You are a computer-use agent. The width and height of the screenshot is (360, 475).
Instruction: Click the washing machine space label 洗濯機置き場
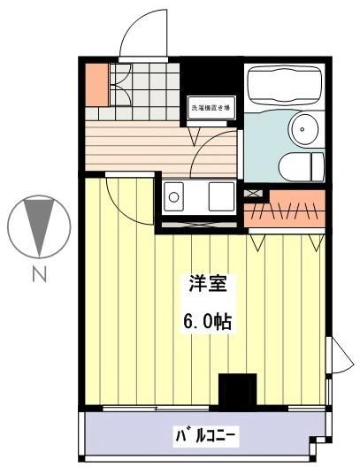point(211,109)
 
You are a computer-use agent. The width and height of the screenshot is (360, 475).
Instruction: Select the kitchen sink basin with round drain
point(174,195)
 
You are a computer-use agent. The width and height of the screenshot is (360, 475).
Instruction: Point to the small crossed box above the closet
point(255,192)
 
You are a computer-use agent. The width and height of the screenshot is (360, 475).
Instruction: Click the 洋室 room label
point(208,285)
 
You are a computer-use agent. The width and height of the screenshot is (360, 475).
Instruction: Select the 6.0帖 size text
point(207,320)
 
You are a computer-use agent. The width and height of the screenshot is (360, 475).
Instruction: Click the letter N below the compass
point(39,275)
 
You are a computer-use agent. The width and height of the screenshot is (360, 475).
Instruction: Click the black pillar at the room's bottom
point(237,392)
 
